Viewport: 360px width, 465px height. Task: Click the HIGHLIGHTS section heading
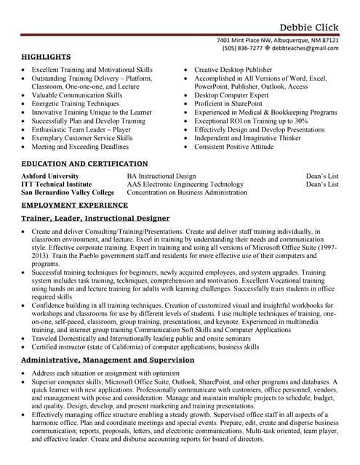[x=46, y=57]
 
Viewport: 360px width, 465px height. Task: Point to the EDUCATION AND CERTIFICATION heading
[x=84, y=164]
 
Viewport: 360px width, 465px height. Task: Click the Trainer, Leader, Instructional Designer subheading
[x=95, y=218]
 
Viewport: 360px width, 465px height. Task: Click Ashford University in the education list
[x=50, y=176]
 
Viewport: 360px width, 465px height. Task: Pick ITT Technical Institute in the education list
[x=56, y=185]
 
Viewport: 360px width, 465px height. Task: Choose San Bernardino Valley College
[x=68, y=193]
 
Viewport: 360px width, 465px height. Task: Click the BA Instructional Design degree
[x=161, y=176]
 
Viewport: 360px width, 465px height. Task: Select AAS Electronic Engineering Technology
[x=185, y=185]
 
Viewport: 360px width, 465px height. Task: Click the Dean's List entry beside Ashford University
[x=321, y=176]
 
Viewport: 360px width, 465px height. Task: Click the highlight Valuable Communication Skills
[x=77, y=95]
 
